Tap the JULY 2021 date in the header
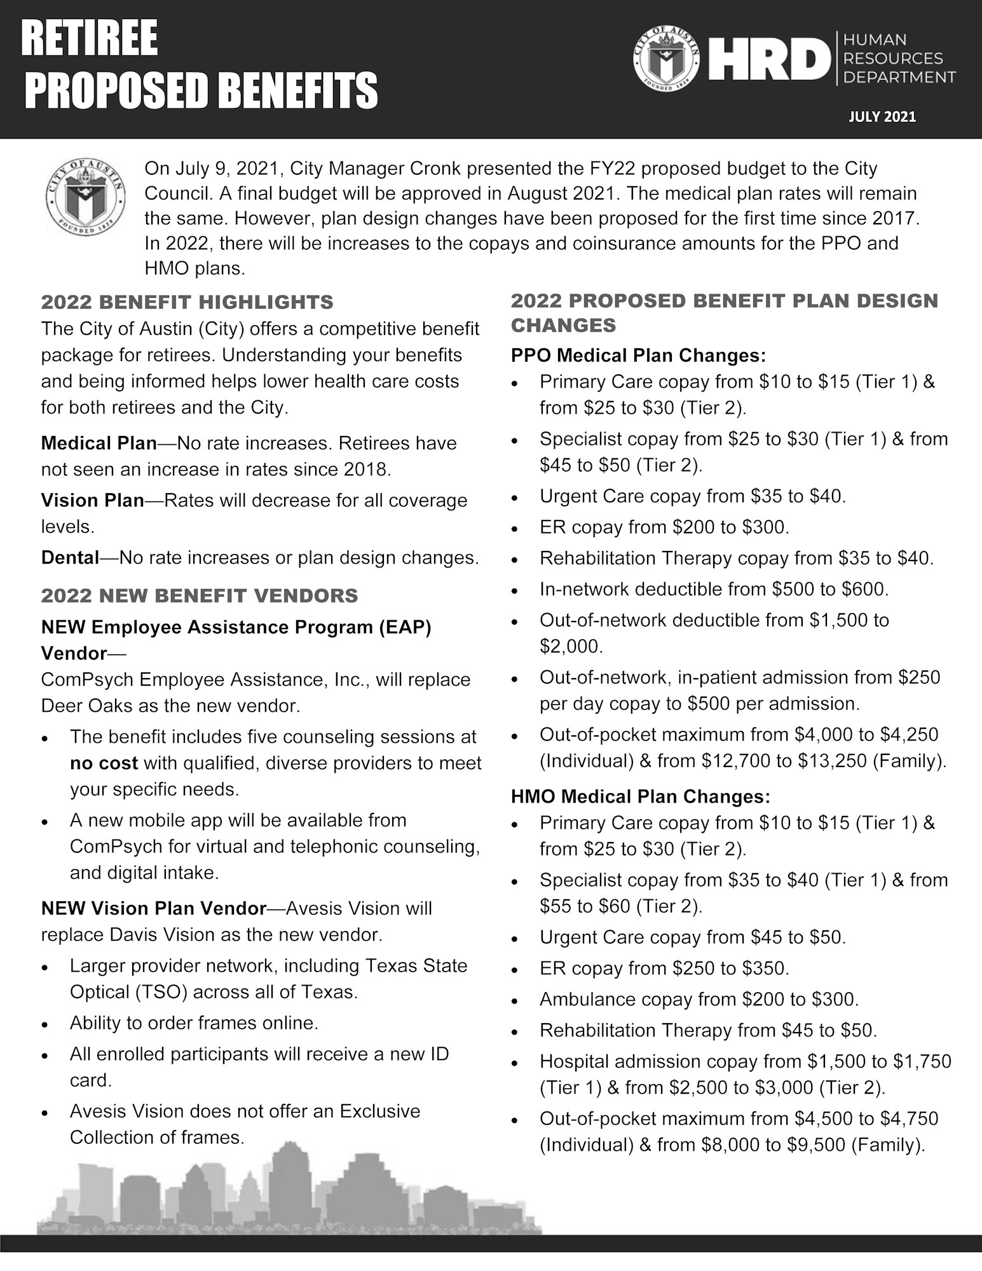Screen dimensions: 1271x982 pos(882,117)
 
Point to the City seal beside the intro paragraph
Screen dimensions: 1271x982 pos(85,196)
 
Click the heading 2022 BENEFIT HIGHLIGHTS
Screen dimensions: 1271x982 pos(187,302)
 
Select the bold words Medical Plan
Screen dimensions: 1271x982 pos(99,443)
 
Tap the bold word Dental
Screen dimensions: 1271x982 pos(70,557)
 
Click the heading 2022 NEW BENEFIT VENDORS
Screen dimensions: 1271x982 pos(199,595)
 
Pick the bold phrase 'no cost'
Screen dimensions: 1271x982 pos(104,763)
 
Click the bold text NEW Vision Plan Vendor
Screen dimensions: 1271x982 pos(153,908)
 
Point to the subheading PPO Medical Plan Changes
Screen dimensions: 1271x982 pos(638,355)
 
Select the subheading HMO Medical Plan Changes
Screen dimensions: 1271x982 pos(640,796)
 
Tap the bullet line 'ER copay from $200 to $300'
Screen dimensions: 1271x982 pos(664,527)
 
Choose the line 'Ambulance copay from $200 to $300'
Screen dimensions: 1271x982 pos(699,999)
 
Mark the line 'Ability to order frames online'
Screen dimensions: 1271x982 pos(194,1023)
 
